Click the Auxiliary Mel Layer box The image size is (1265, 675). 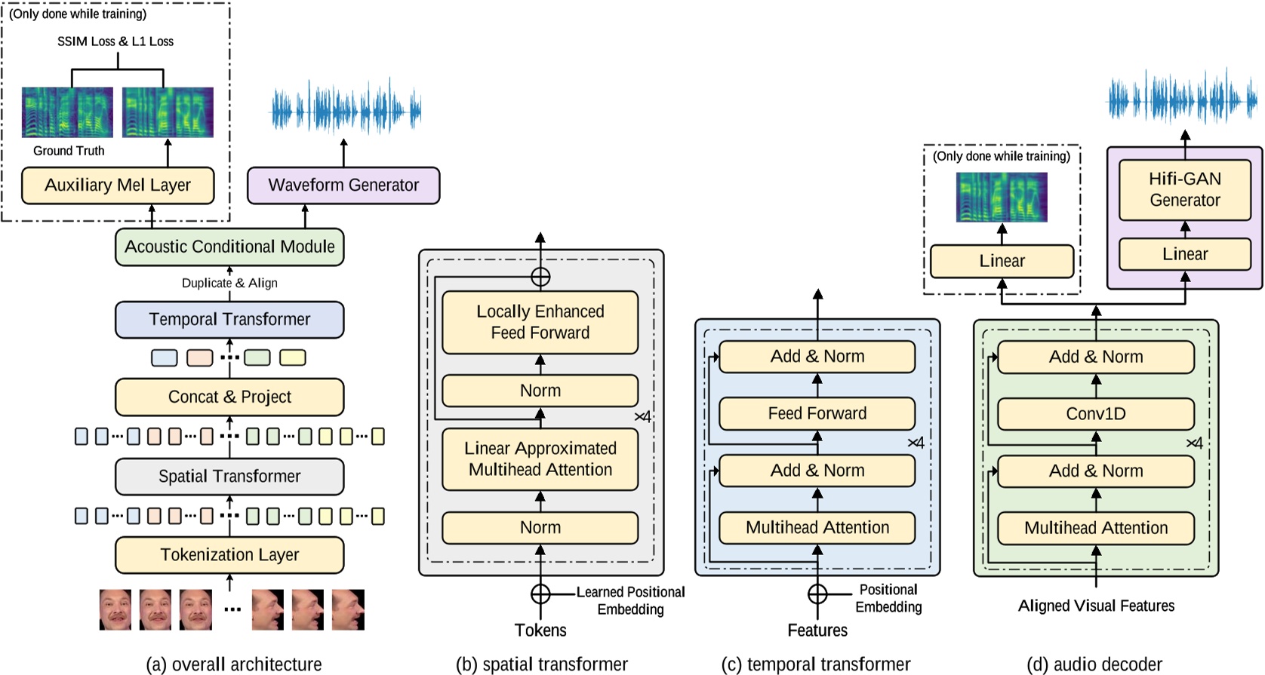pos(118,186)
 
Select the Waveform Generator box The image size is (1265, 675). pos(343,186)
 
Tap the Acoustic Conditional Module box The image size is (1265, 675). pos(229,247)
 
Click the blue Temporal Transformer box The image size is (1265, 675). pos(229,320)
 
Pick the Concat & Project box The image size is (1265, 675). pos(229,397)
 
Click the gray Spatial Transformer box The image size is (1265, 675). pos(229,477)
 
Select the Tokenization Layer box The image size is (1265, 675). pos(229,555)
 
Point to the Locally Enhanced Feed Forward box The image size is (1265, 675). pos(540,322)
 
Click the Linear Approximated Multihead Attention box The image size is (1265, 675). pos(540,459)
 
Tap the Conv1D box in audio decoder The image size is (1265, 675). pos(1095,414)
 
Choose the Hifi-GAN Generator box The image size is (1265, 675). pos(1184,189)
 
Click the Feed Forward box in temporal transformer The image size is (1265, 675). pos(817,413)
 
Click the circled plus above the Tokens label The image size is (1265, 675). pos(540,594)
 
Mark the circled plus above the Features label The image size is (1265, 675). pos(817,594)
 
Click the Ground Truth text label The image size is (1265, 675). pos(69,151)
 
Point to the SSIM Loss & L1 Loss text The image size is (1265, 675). pos(115,41)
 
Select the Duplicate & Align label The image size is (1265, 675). pos(229,283)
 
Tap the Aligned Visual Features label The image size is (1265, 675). pos(1096,606)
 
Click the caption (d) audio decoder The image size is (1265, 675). pos(1094,664)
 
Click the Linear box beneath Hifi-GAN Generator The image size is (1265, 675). pos(1184,254)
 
